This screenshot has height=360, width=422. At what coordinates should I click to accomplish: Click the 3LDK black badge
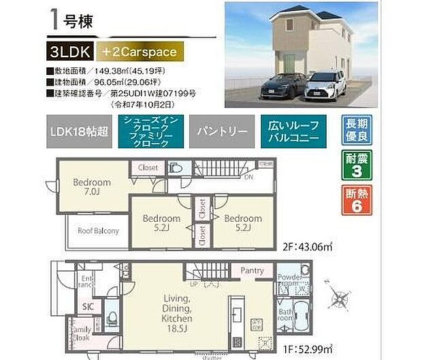tap(70, 51)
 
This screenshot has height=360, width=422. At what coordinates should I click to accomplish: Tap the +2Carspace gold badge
tap(140, 51)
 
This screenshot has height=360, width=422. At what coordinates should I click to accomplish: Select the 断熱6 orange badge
tap(357, 201)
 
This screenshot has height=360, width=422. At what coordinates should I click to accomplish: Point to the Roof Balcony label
tap(98, 231)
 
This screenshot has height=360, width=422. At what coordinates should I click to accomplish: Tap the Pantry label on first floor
tap(252, 271)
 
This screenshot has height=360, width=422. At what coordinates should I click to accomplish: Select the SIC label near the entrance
tap(89, 307)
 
